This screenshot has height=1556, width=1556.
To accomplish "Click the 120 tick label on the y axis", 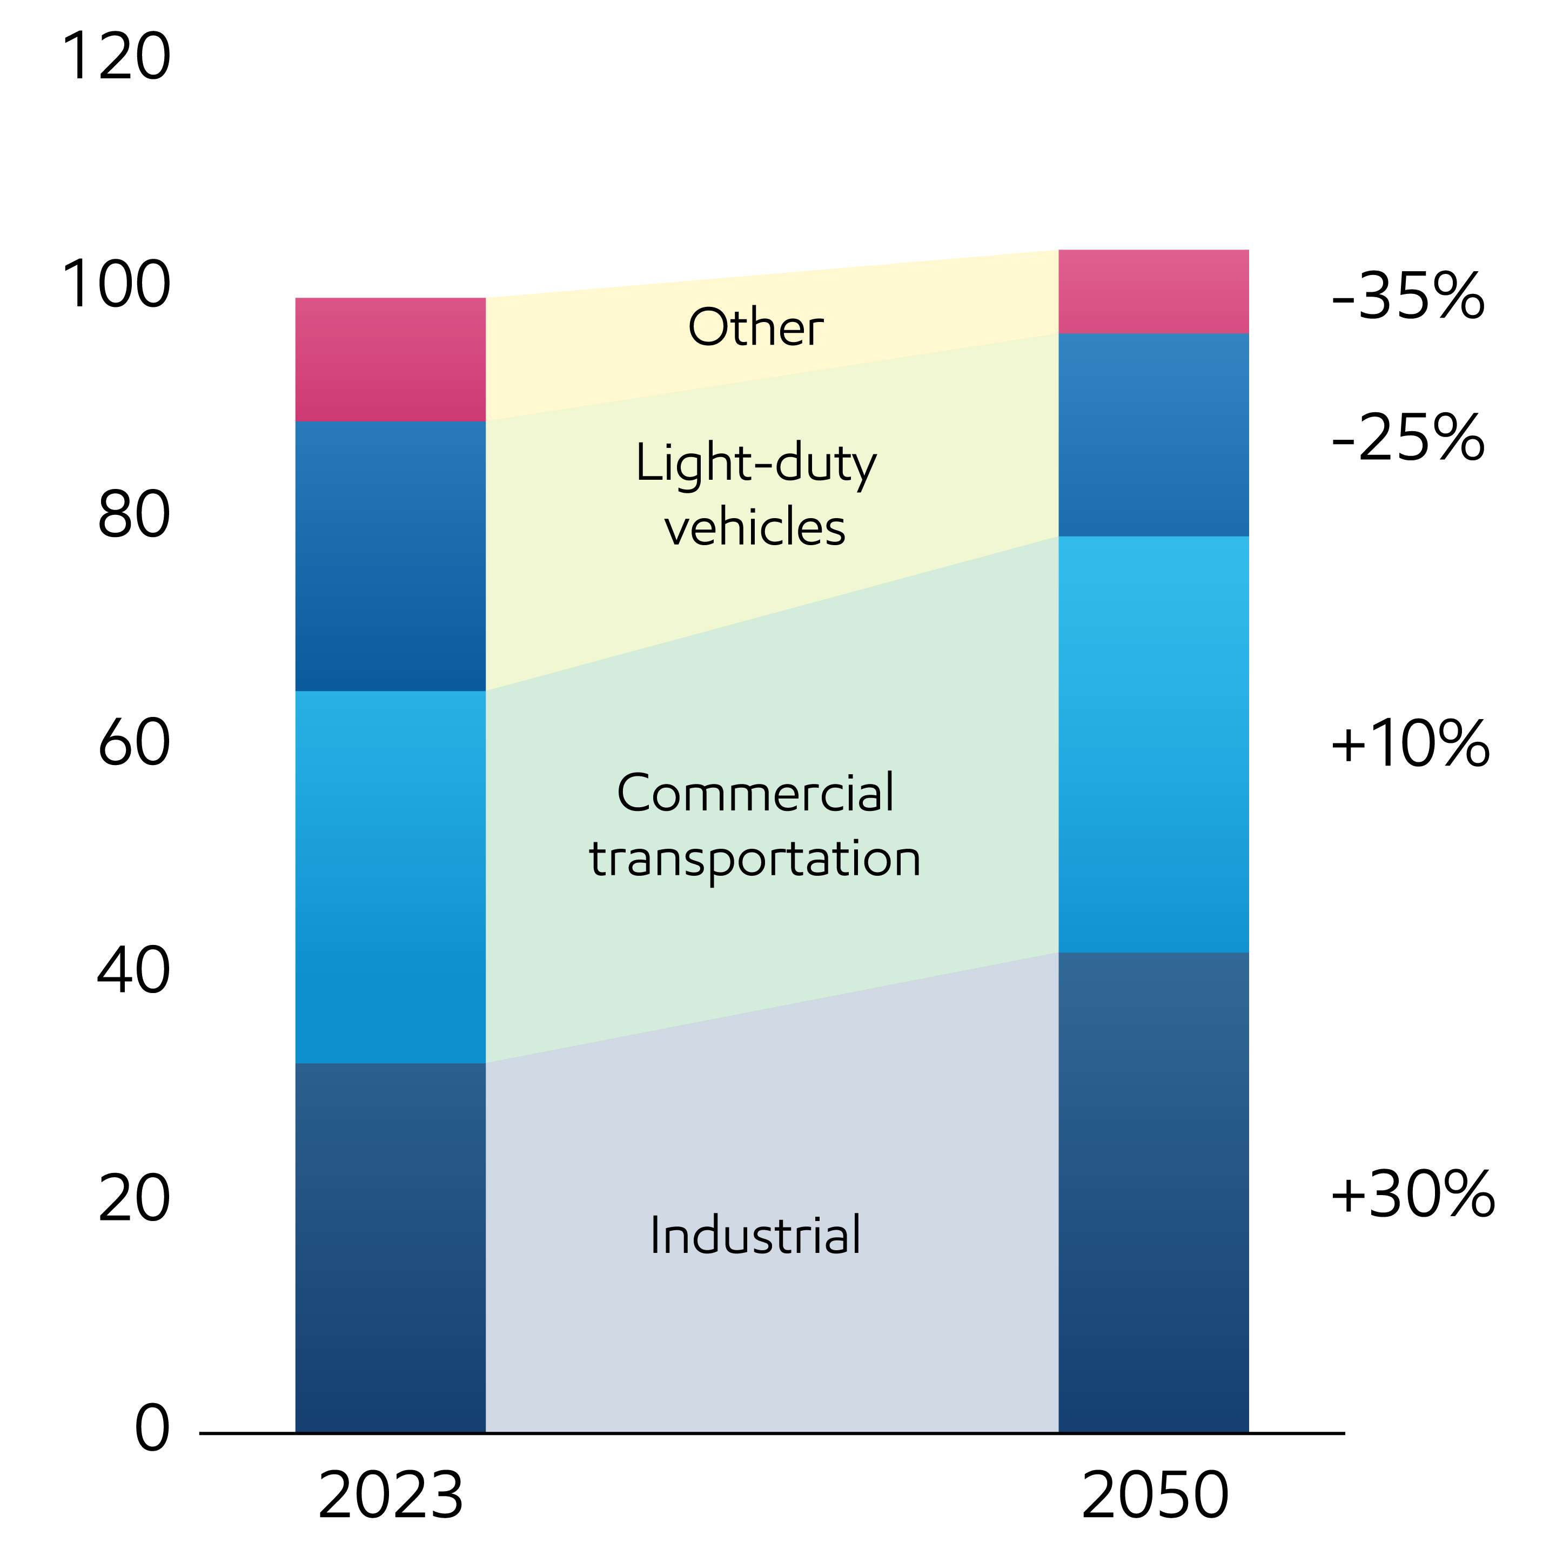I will point(116,57).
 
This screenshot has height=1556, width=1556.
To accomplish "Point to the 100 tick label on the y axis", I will point(116,285).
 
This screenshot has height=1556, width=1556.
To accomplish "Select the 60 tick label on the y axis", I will point(133,742).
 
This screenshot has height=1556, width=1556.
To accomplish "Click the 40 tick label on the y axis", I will point(133,971).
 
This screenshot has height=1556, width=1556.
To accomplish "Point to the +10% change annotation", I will point(1410,743).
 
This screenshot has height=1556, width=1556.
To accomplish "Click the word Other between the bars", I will point(755,328).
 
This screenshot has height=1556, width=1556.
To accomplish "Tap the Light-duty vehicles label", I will point(755,494).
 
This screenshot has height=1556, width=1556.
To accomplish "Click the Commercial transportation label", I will point(755,826).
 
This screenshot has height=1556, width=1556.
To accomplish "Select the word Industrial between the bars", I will point(755,1236).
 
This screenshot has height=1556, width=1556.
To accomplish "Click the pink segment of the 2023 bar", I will point(391,360).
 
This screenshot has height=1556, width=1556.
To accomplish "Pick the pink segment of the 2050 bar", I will point(1153,292).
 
